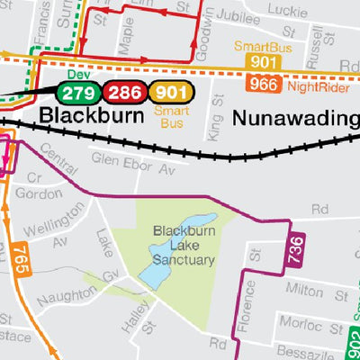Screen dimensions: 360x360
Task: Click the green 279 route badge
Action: [78, 92]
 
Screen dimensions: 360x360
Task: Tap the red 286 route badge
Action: [124, 92]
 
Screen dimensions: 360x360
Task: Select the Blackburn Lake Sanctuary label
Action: [183, 246]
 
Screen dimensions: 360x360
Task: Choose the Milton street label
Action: [302, 292]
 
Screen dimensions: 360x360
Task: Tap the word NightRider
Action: [317, 86]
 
